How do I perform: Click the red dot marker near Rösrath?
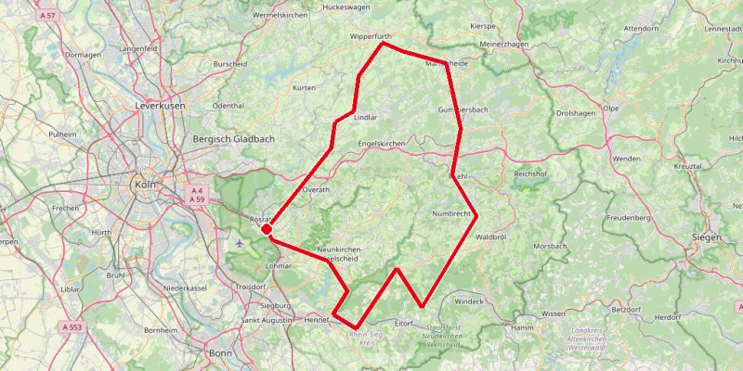(x=266, y=228)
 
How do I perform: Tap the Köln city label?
(x=145, y=184)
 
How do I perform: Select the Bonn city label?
(x=221, y=353)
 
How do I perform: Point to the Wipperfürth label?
(x=372, y=37)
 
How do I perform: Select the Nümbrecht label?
(x=452, y=214)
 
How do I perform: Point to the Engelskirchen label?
(x=382, y=146)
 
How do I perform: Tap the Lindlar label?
(x=366, y=118)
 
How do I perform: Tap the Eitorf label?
(x=402, y=323)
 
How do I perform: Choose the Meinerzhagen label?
(x=504, y=44)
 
